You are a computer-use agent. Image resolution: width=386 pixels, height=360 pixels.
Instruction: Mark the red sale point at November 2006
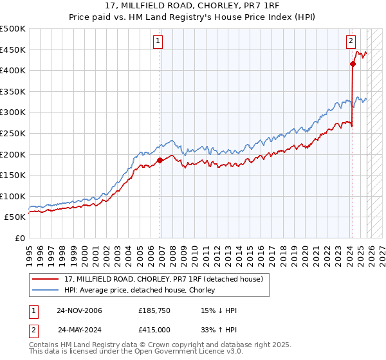[160, 160]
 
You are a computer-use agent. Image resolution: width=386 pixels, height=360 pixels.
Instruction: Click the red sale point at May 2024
[353, 64]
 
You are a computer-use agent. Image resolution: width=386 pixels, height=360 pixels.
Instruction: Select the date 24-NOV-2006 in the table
[79, 310]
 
